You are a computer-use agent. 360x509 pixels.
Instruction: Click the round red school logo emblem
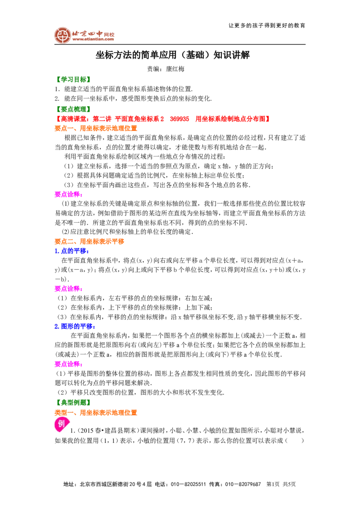pos(63,36)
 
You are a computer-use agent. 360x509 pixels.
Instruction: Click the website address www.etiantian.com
pos(93,39)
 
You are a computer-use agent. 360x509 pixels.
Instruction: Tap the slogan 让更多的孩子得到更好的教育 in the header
pos(267,25)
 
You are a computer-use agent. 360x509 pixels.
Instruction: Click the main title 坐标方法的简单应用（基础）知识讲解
pos(172,55)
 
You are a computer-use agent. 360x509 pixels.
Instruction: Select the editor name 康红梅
pos(175,69)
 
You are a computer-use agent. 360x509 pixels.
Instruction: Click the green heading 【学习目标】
pos(73,80)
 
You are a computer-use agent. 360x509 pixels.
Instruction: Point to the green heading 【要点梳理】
pos(73,109)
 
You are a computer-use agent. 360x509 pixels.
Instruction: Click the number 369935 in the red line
pos(180,119)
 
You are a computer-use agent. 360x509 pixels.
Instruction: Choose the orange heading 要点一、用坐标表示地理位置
pos(96,128)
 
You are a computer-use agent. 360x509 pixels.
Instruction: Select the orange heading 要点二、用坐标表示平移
pos(90,241)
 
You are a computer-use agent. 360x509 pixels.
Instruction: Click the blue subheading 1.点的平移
pos(72,251)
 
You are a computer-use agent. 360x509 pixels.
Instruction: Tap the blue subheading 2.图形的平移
pos(75,326)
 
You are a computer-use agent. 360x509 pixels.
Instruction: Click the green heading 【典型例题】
pos(73,402)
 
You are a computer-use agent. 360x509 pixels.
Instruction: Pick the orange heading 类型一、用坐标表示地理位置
pos(96,413)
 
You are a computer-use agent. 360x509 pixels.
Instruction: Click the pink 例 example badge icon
pos(61,424)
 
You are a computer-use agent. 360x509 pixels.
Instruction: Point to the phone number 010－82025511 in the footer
pos(188,484)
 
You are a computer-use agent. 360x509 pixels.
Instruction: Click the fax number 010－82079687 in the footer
pos(243,484)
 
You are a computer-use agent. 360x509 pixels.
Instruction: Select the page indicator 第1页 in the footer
pos(273,484)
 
